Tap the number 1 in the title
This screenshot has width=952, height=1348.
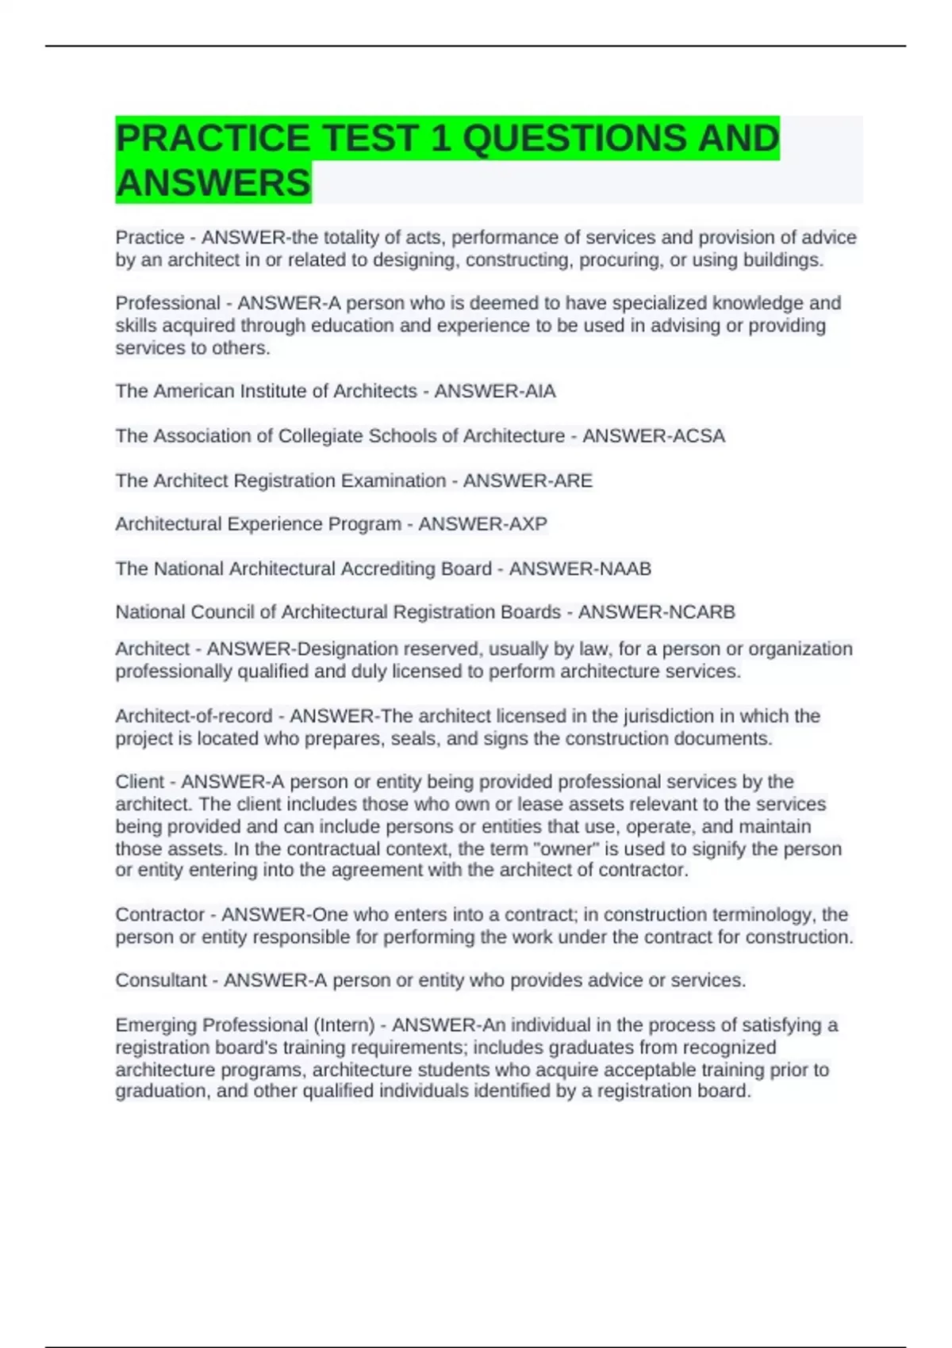click(439, 138)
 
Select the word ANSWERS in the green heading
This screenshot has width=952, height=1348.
click(213, 183)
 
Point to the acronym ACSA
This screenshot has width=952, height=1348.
click(698, 435)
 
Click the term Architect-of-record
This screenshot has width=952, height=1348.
click(194, 716)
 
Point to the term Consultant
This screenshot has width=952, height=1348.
click(160, 980)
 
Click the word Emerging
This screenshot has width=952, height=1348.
click(155, 1025)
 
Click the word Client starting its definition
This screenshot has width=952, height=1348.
click(140, 782)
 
